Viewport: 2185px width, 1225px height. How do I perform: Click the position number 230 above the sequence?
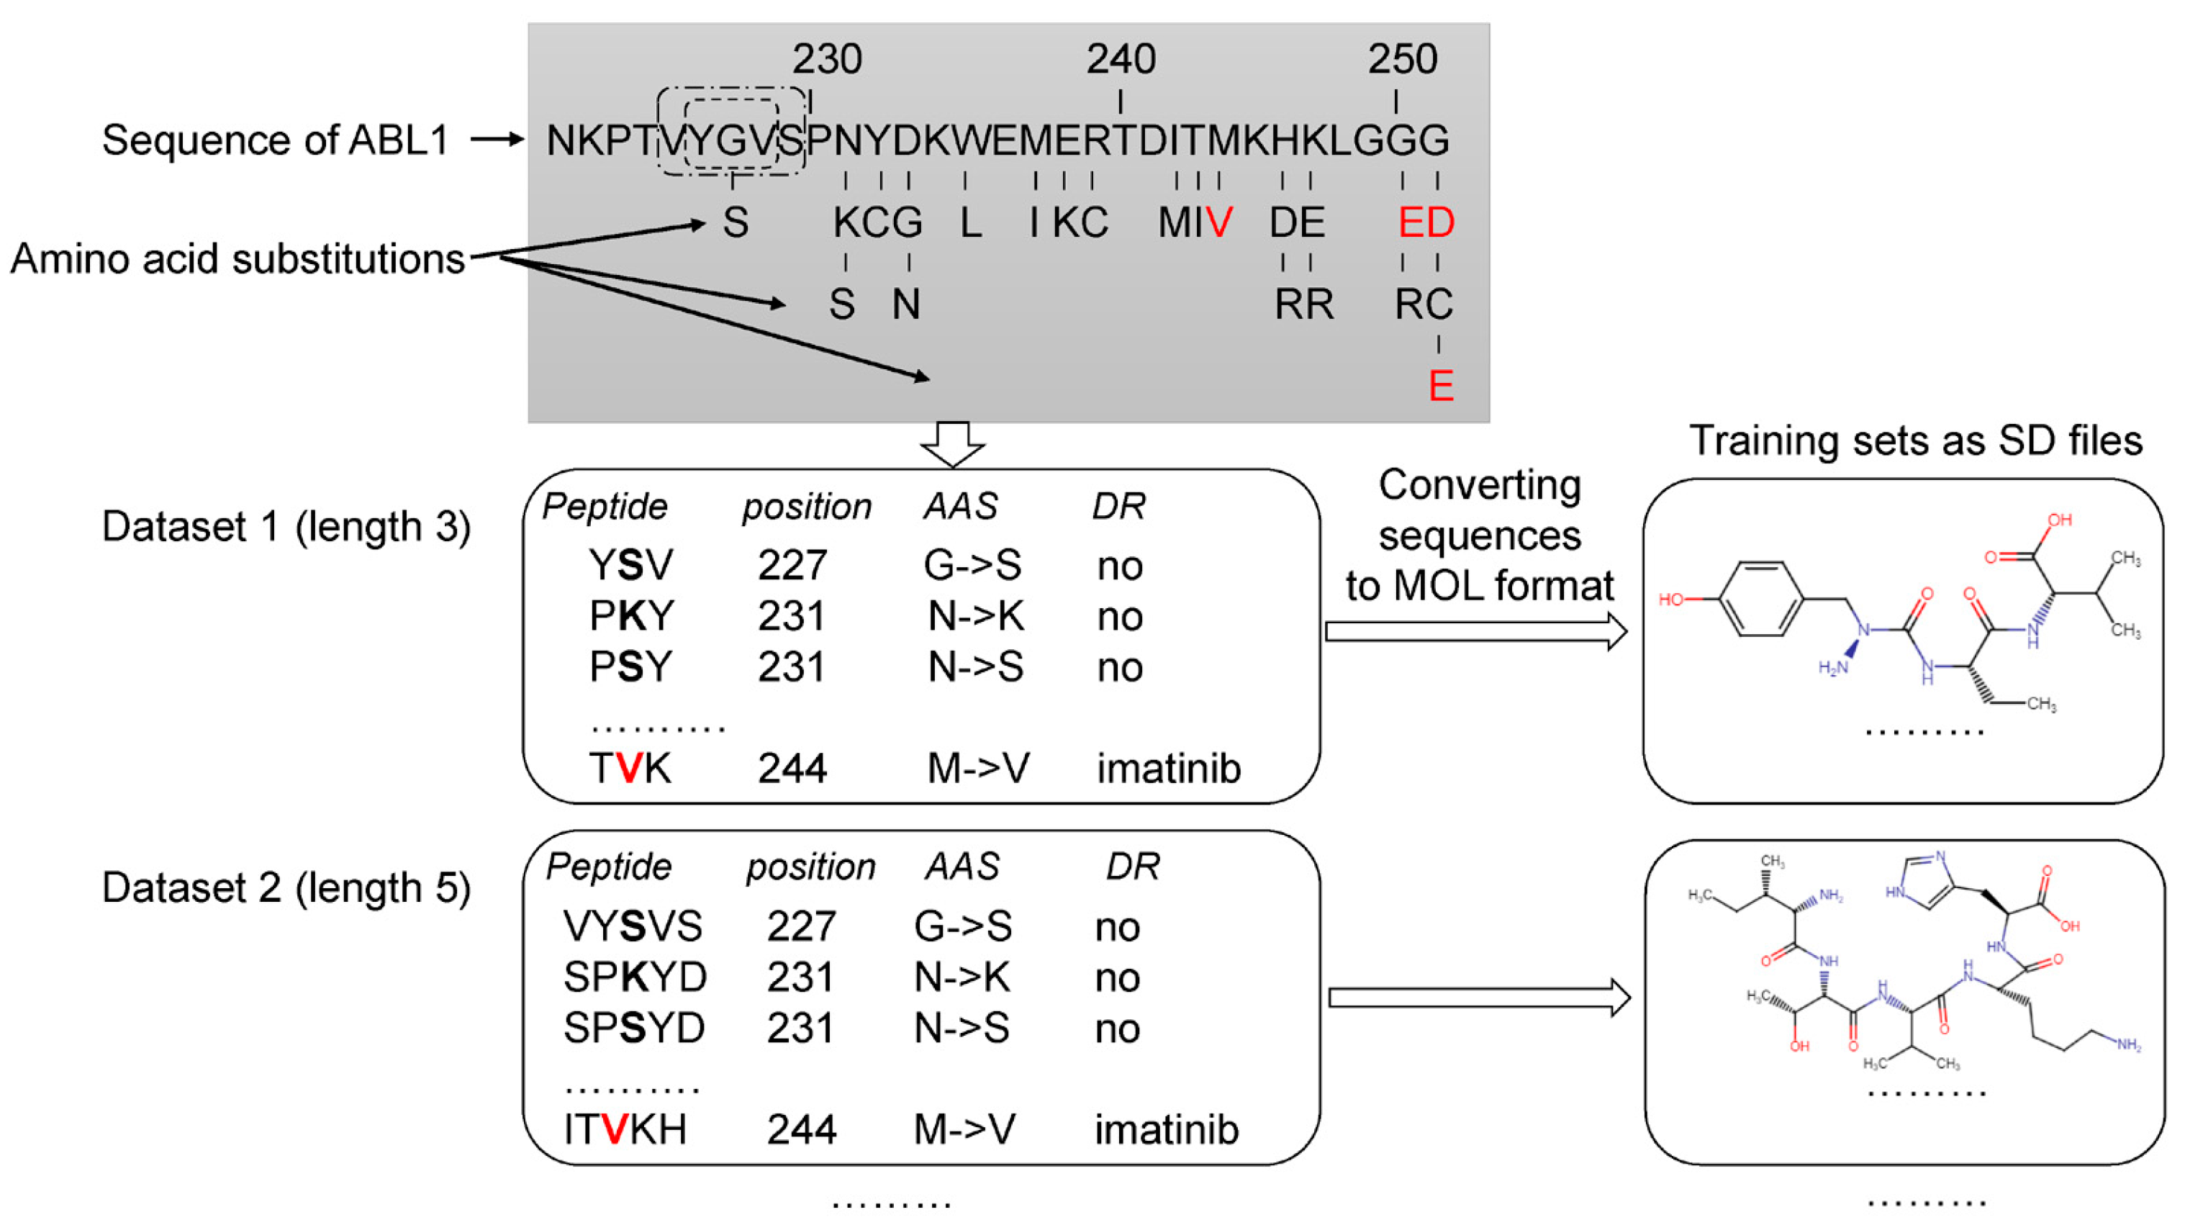tap(827, 60)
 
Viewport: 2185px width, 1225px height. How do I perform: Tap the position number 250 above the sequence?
tap(1402, 60)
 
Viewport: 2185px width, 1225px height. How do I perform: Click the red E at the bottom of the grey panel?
tap(1440, 386)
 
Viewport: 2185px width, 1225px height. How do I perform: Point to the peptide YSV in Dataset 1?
tap(630, 565)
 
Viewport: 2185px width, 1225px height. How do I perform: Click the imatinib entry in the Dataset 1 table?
tap(1168, 769)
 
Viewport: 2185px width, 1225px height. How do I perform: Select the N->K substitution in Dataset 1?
tap(975, 616)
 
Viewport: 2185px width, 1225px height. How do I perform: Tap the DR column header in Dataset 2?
tap(1132, 866)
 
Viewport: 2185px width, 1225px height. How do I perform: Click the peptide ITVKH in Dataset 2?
tap(625, 1129)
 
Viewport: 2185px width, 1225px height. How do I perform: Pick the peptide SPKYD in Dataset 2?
tap(635, 977)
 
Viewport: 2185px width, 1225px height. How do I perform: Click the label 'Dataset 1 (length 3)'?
tap(286, 527)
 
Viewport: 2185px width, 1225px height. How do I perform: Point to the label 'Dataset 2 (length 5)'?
tap(286, 888)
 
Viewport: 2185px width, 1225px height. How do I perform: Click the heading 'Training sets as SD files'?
tap(1915, 440)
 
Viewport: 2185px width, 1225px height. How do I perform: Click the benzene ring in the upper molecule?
tap(1761, 599)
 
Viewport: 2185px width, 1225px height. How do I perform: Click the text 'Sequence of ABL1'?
tap(276, 140)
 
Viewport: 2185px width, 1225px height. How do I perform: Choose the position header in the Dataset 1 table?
tap(807, 507)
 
